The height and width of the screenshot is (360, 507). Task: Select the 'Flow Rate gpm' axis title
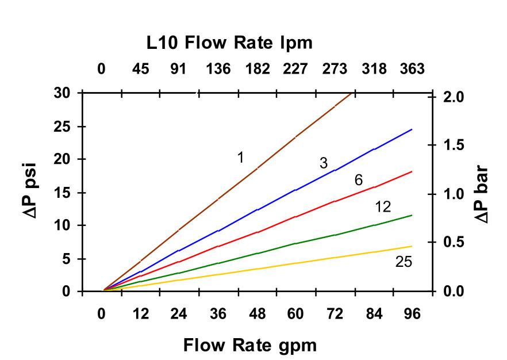tap(249, 345)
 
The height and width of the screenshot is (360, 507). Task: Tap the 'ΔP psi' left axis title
tap(32, 192)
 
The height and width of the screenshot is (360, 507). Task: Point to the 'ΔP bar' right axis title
tap(481, 194)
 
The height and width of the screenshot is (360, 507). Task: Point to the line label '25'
tap(404, 262)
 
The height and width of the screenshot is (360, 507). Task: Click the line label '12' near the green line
tap(383, 207)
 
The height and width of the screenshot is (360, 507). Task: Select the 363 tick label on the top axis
tap(412, 70)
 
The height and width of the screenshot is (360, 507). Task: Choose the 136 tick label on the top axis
tap(218, 70)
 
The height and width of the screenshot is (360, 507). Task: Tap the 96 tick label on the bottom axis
tap(412, 314)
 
